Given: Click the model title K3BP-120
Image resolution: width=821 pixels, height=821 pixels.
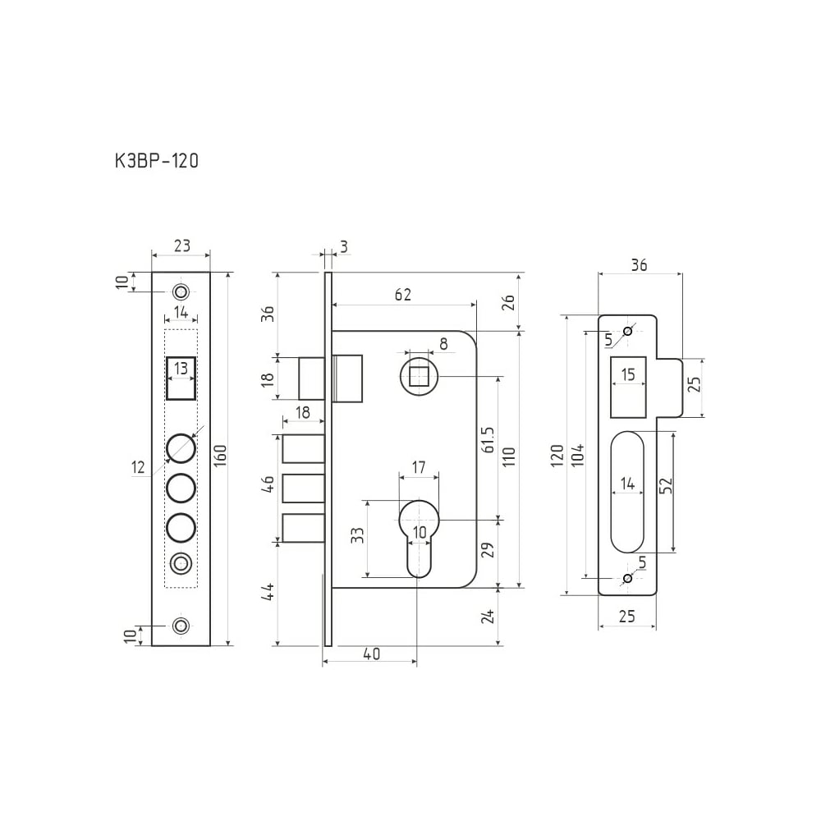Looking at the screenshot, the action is click(157, 161).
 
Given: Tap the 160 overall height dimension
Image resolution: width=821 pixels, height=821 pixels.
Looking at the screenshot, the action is click(221, 456).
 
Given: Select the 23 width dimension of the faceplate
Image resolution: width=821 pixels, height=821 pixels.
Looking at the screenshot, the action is click(181, 245).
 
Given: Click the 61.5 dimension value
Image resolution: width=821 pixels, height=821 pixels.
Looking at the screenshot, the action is click(488, 440).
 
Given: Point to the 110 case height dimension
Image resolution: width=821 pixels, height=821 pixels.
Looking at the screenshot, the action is click(509, 457).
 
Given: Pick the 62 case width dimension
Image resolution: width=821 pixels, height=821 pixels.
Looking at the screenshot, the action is click(402, 295).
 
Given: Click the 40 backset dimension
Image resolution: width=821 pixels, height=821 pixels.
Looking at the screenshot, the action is click(371, 654).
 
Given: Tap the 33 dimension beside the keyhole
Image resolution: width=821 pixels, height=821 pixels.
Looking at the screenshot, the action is click(357, 535).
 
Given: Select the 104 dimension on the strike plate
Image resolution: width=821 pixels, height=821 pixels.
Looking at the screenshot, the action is click(576, 456).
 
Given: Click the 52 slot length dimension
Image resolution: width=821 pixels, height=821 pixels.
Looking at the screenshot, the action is click(666, 485).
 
